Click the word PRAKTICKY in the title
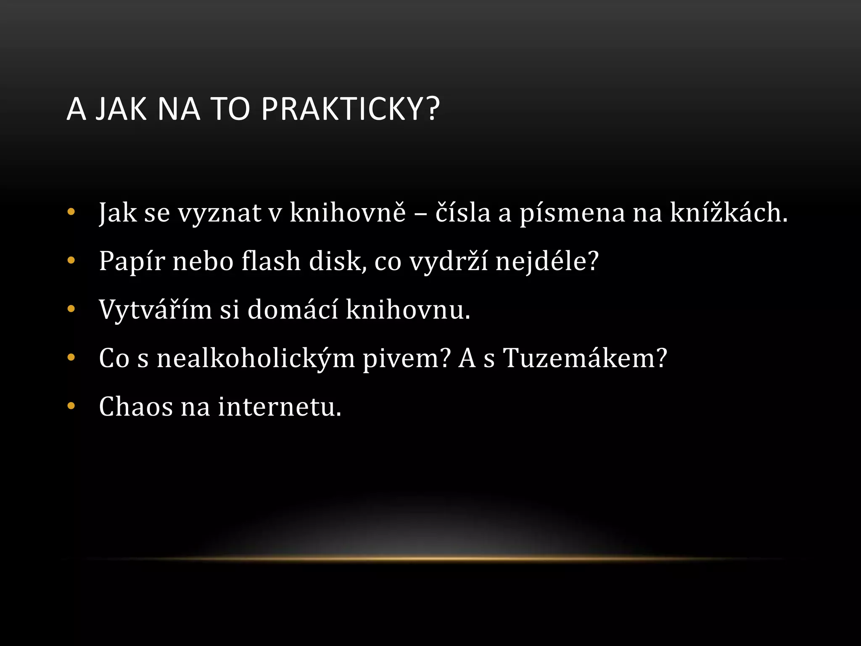coord(350,109)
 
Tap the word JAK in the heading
coord(121,109)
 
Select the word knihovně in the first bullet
coord(348,212)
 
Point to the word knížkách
coord(728,212)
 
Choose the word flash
coord(271,261)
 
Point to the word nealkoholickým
coord(256,359)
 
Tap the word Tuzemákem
coord(585,358)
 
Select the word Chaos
coord(136,407)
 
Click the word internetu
coord(280,407)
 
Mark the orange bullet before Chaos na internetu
coord(71,406)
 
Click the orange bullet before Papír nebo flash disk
coord(71,260)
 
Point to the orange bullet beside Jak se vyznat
coord(71,212)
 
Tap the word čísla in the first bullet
coord(463,212)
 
